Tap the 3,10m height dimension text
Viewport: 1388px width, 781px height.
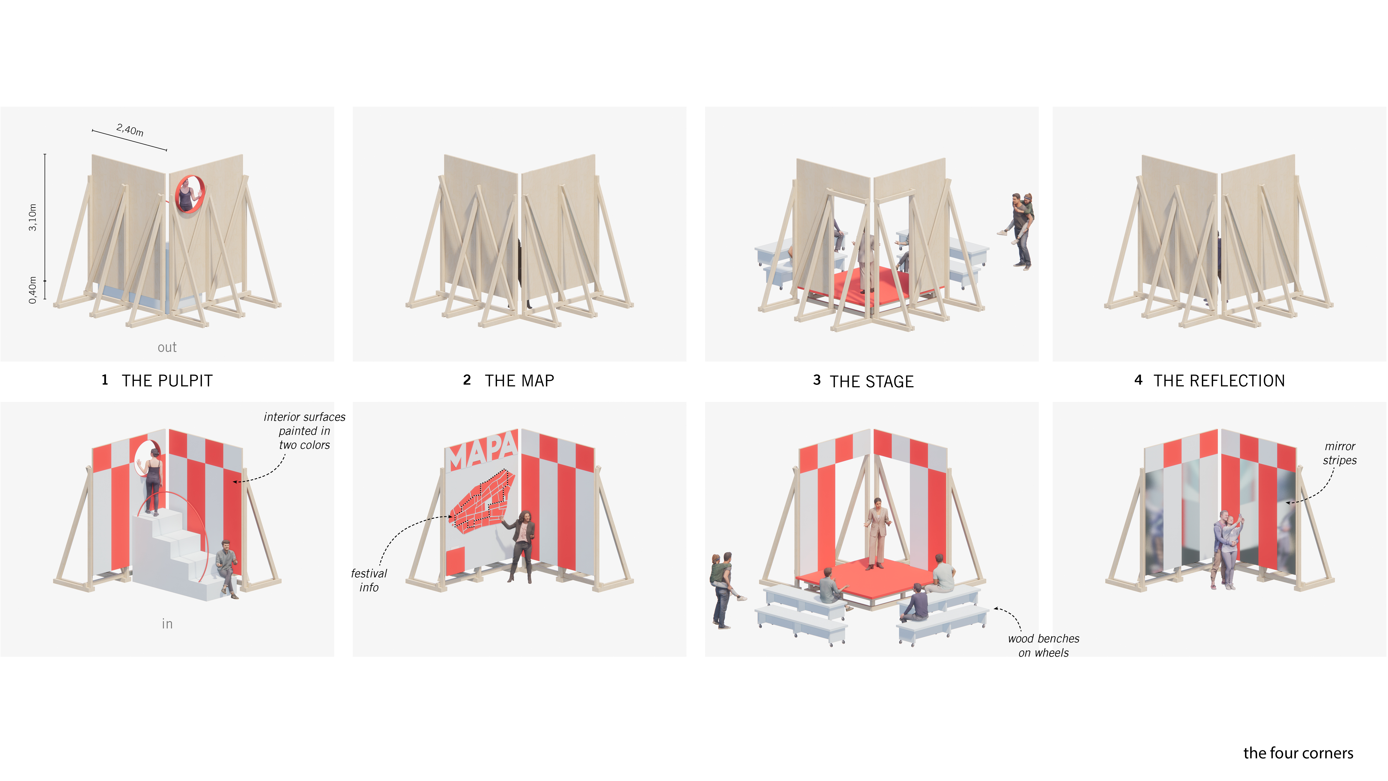tap(33, 218)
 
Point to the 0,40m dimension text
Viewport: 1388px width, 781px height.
tap(33, 290)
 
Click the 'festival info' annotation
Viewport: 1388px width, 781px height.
tap(369, 580)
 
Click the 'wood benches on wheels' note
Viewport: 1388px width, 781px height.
tap(1044, 645)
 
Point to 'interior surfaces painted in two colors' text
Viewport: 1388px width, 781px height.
tap(304, 431)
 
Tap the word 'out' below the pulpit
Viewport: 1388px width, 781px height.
tap(167, 347)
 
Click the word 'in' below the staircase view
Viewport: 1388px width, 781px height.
tap(167, 624)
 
